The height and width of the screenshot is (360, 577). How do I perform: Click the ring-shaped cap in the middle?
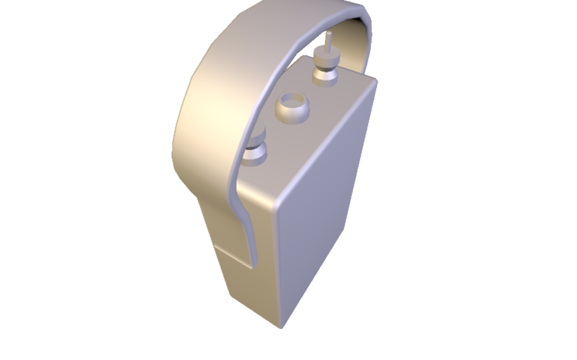pos(292,108)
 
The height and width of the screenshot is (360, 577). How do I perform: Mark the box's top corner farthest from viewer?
pos(305,55)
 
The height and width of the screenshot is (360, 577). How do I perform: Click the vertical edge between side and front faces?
pos(278,265)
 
